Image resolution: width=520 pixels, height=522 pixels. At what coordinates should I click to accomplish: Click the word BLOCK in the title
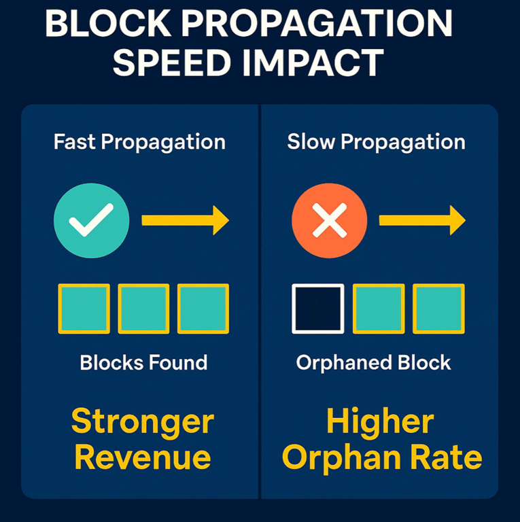(109, 25)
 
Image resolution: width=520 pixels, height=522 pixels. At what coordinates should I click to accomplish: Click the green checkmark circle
(91, 221)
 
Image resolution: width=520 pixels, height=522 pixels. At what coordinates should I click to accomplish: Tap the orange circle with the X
(329, 221)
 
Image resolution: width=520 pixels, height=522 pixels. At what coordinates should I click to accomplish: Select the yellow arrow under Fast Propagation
(184, 221)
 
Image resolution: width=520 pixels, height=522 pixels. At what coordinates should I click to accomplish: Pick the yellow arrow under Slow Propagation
(421, 221)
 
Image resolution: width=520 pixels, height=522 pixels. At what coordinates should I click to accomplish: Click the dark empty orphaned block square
(317, 309)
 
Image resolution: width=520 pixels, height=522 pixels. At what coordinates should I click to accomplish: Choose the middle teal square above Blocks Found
(143, 309)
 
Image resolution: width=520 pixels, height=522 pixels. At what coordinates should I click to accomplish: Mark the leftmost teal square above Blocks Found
(84, 309)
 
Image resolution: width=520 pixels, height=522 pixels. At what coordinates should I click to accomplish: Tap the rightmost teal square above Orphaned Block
(438, 309)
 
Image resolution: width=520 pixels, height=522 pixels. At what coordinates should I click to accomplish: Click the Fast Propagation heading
(139, 143)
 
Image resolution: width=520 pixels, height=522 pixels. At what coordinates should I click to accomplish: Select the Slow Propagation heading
(376, 143)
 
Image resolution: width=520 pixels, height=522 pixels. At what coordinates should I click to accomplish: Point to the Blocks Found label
(143, 362)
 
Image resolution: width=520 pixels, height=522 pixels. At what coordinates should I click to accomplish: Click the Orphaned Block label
(373, 362)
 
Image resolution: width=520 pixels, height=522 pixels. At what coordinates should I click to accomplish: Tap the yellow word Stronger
(143, 423)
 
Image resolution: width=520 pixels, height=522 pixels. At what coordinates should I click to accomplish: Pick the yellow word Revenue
(143, 458)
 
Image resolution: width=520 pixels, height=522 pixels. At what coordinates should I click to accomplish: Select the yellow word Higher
(379, 423)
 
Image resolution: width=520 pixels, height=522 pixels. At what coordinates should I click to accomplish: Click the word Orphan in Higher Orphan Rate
(344, 458)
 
